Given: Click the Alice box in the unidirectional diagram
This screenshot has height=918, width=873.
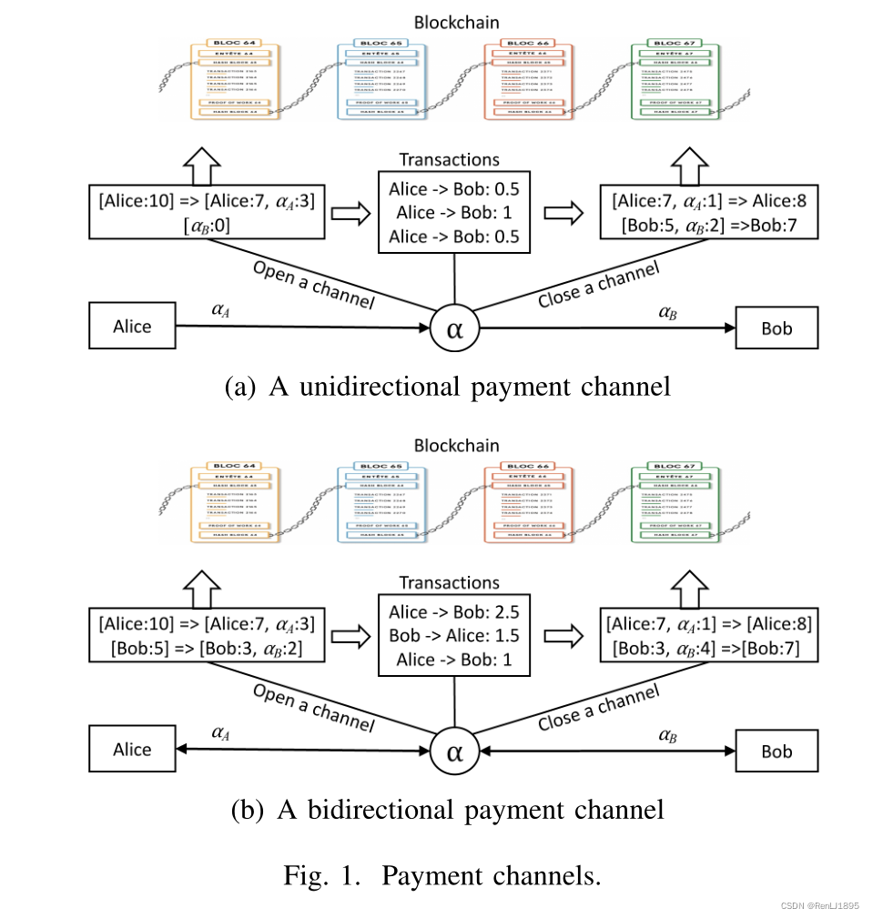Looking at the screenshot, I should [x=132, y=327].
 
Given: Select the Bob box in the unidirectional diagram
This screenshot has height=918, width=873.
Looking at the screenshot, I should [x=777, y=328].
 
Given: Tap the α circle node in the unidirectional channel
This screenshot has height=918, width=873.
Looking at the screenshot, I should [x=454, y=328].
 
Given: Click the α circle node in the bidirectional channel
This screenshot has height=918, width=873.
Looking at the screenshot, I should [x=454, y=752].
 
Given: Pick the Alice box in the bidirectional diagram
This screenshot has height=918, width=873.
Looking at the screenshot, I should [x=132, y=750].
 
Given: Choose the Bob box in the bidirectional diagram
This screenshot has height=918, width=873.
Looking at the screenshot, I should [x=777, y=752].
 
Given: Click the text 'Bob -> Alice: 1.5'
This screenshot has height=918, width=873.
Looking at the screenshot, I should [x=453, y=635].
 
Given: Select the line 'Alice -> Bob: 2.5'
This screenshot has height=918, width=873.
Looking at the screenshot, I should [x=453, y=611].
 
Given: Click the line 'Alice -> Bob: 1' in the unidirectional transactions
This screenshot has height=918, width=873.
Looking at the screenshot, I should [x=453, y=212].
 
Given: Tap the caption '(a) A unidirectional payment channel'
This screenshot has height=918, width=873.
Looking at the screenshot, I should [x=447, y=387].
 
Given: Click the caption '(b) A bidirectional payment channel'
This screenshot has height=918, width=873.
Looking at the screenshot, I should [x=447, y=809].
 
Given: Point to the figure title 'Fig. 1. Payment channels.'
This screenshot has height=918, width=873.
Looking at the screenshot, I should [x=442, y=876].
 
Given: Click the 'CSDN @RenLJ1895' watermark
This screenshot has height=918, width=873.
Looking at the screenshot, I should [x=819, y=906].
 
